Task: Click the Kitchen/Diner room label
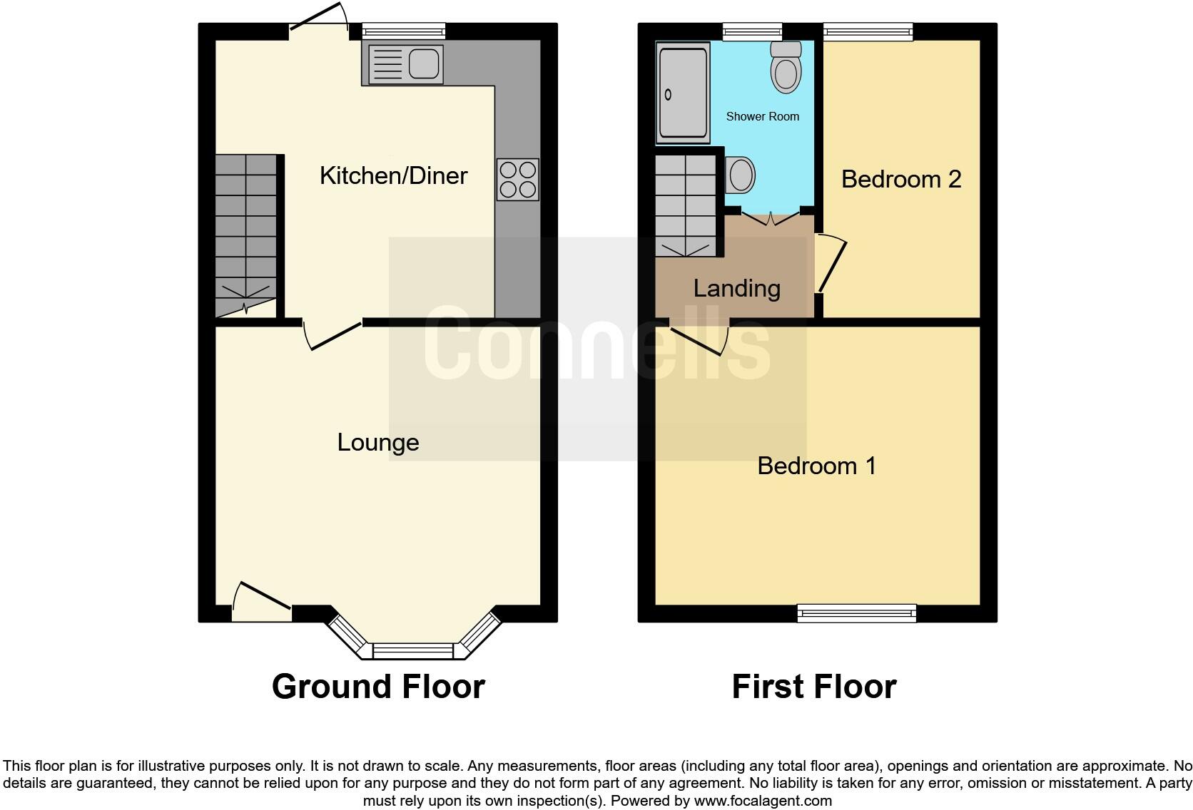[x=393, y=175]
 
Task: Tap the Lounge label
[x=377, y=442]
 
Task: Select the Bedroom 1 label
[x=816, y=466]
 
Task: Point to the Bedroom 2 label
[x=900, y=179]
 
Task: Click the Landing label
[x=736, y=288]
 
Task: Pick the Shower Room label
[x=762, y=116]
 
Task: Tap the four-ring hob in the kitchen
[x=518, y=180]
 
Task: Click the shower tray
[x=683, y=93]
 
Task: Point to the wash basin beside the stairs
[x=741, y=175]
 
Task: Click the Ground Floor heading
[x=378, y=687]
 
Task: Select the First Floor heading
[x=813, y=687]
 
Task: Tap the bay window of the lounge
[x=413, y=649]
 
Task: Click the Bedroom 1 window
[x=856, y=612]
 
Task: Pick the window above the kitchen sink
[x=403, y=30]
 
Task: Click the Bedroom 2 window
[x=868, y=30]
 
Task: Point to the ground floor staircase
[x=246, y=235]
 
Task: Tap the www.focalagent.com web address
[x=763, y=801]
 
